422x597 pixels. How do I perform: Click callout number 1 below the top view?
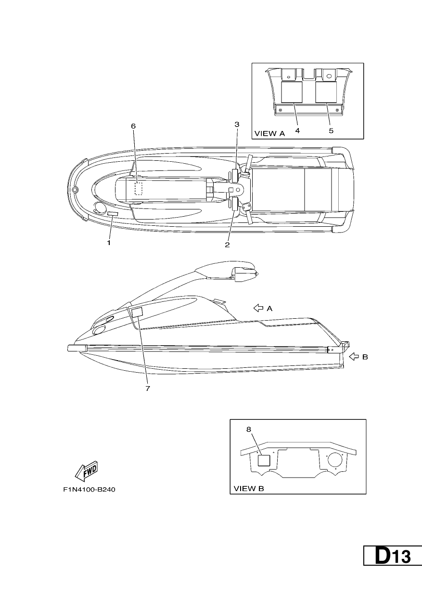point(109,243)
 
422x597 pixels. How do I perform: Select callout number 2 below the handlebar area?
point(227,245)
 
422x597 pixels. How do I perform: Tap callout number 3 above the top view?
point(237,124)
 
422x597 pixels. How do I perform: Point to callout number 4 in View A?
point(297,130)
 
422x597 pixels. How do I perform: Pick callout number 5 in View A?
point(331,130)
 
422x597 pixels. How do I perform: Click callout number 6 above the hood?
point(133,126)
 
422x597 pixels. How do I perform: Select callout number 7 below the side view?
point(148,389)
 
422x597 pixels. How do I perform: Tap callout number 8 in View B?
point(249,429)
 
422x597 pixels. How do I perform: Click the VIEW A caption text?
point(269,133)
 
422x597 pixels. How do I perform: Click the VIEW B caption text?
point(249,489)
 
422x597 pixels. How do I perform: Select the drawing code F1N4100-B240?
point(89,490)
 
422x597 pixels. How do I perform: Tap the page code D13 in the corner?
point(393,555)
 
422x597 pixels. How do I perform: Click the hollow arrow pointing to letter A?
point(258,308)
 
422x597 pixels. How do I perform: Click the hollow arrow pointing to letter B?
point(354,357)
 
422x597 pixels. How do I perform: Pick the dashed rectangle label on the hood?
point(139,189)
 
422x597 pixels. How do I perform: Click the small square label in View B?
point(264,461)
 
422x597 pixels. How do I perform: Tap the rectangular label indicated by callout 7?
point(138,312)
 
